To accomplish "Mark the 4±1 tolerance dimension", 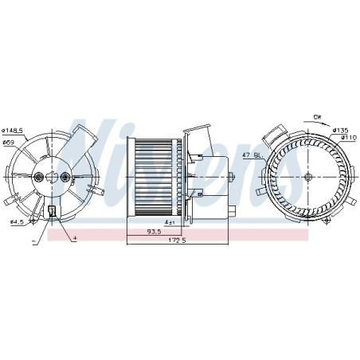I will tap(170, 222).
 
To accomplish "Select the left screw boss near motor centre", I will tap(39, 177).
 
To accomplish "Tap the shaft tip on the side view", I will tap(234, 176).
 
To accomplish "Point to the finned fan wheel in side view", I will tap(155, 176).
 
